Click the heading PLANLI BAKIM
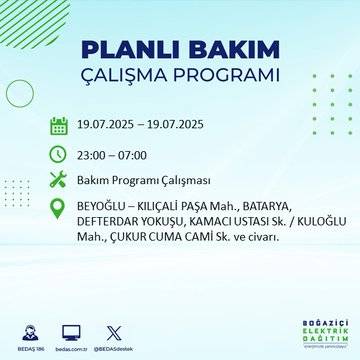[180, 50]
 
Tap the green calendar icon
[59, 126]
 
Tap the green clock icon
[59, 154]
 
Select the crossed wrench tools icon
[59, 181]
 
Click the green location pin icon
[59, 209]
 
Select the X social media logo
[114, 331]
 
